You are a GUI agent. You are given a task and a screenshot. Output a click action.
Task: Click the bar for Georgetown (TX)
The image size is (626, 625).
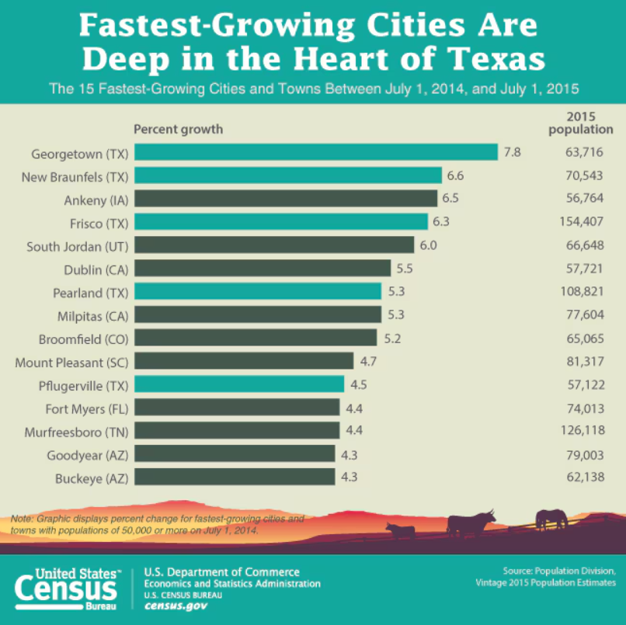[x=315, y=152]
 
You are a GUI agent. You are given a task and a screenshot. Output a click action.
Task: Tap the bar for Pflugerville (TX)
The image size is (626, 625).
[x=239, y=384]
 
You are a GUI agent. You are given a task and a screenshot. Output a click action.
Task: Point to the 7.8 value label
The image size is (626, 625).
[x=512, y=152]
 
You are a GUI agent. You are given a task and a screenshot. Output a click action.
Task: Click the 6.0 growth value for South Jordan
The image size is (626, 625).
[x=428, y=245]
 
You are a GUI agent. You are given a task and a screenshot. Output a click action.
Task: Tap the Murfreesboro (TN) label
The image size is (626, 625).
[x=75, y=431]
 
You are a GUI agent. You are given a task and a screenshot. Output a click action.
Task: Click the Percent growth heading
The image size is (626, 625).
[x=178, y=129]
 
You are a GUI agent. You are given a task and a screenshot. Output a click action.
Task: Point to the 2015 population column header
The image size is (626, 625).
[x=580, y=123]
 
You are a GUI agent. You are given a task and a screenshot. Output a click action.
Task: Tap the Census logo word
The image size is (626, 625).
[x=68, y=588]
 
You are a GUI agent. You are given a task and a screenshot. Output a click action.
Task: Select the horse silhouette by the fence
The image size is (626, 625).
[x=550, y=517]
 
